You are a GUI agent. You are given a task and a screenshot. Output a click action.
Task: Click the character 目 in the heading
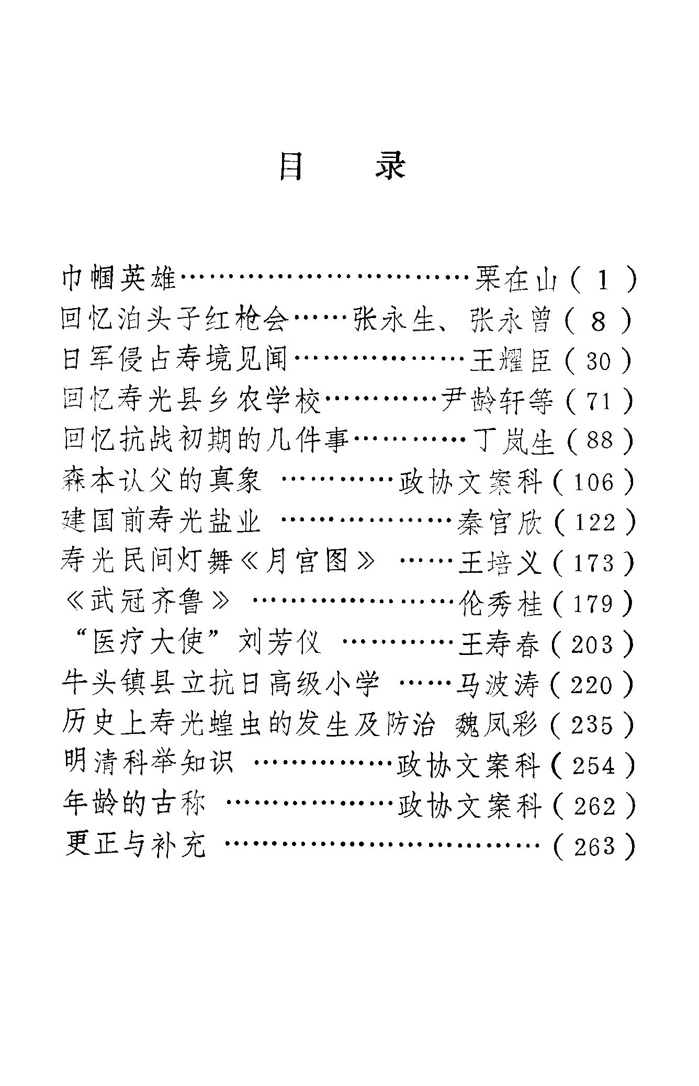tap(291, 166)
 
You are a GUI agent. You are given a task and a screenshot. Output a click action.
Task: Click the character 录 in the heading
tap(391, 166)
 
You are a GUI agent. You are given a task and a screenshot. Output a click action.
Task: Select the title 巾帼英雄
tap(119, 278)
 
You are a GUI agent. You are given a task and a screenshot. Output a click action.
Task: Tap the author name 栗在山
tap(517, 279)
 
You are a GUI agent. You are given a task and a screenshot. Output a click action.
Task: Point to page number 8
tap(598, 321)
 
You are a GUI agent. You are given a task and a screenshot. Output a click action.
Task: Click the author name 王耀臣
tap(511, 360)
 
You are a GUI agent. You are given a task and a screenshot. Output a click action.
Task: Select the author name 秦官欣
tap(500, 523)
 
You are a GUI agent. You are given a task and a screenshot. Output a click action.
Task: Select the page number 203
tap(592, 644)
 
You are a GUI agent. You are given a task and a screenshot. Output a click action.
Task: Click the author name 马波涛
tap(498, 685)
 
